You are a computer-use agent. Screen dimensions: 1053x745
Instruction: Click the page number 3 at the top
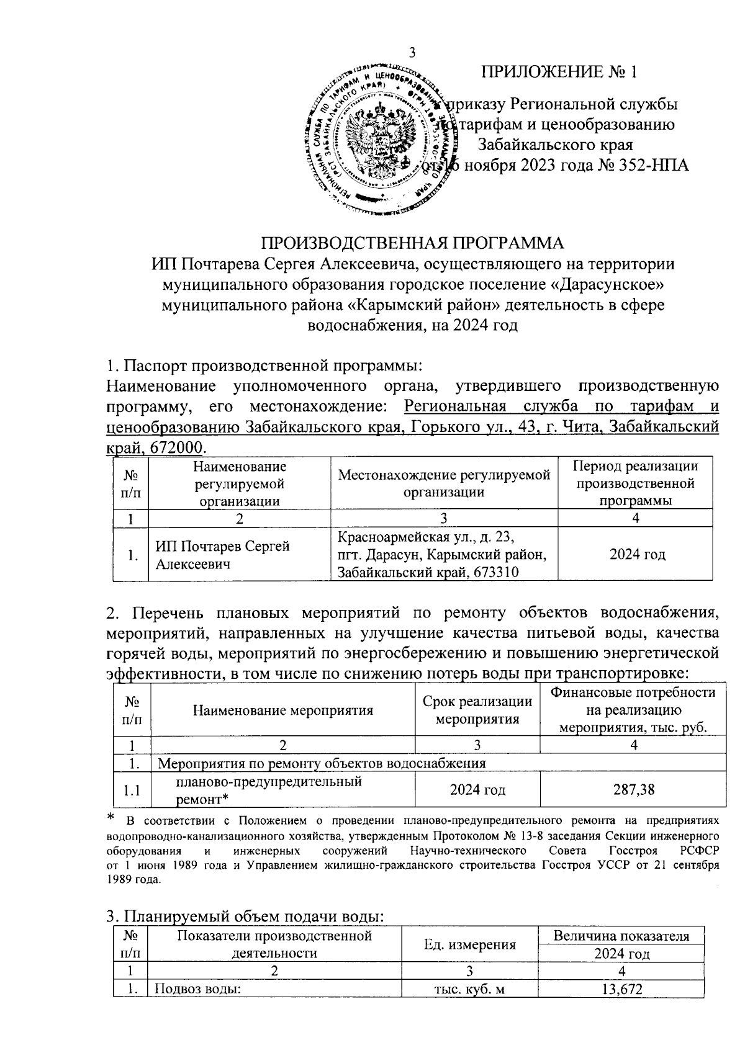click(x=412, y=53)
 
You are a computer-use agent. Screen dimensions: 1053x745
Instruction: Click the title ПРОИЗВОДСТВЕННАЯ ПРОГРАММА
click(x=413, y=242)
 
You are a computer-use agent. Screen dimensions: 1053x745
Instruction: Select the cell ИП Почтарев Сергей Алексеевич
click(x=222, y=555)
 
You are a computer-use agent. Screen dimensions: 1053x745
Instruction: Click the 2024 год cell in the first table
click(x=636, y=554)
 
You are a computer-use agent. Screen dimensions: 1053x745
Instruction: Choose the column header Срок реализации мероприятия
click(x=477, y=710)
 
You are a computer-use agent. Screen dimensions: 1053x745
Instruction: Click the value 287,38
click(x=633, y=790)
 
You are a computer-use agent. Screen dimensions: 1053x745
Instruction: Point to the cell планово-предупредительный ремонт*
click(x=269, y=790)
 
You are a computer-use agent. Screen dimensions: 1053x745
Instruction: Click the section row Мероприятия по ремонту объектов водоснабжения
click(x=322, y=762)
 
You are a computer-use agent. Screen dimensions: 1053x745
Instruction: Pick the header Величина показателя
click(x=621, y=936)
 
